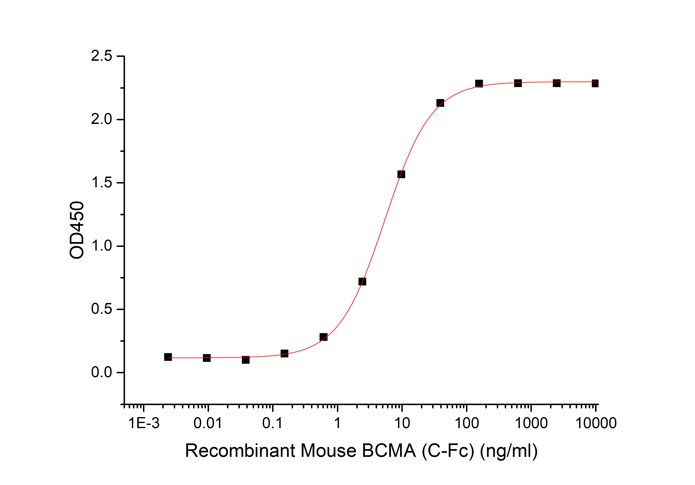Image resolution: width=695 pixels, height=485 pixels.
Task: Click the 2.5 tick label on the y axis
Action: point(101,56)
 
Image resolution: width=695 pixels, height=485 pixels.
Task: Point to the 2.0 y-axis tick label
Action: point(101,119)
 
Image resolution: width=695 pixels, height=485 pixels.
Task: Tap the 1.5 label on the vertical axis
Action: point(101,182)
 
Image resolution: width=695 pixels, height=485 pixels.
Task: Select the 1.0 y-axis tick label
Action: point(101,246)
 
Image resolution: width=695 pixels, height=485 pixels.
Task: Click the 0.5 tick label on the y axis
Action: point(101,309)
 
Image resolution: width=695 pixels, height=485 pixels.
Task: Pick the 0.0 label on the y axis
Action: point(101,372)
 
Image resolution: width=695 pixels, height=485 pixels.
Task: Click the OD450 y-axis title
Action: point(77,230)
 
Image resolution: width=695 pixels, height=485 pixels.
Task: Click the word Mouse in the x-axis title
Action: point(328,451)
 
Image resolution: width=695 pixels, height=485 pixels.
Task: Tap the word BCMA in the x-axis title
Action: point(389,451)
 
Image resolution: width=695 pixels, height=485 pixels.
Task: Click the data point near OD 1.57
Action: point(401,174)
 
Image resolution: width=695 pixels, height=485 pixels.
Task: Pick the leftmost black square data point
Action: point(168,357)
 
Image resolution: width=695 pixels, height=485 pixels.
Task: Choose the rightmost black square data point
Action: point(595,83)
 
